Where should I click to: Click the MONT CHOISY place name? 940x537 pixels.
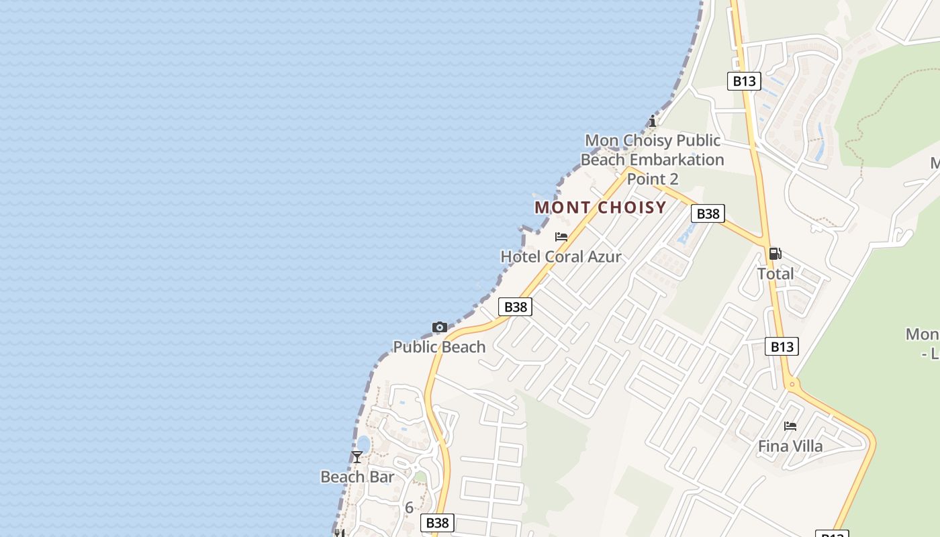pos(600,207)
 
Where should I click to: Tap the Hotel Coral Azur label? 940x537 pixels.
pos(561,256)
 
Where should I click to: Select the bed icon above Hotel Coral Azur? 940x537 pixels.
pos(561,237)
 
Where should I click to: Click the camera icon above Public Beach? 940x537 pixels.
pos(440,328)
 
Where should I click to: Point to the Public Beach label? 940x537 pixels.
pos(439,347)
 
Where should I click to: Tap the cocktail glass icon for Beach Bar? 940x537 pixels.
pos(357,457)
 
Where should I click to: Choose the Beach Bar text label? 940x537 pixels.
pos(357,477)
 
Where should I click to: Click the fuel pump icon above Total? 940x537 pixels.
pos(775,254)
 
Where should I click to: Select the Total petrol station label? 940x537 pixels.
pos(775,274)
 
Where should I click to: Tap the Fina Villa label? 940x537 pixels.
pos(790,446)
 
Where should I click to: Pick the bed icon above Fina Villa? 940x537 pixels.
pos(790,426)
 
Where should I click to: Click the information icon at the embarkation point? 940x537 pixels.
pos(652,121)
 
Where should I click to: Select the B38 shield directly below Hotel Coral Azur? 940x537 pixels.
pos(516,307)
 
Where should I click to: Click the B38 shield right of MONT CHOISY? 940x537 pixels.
pos(708,213)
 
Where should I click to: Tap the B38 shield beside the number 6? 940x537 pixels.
pos(437,522)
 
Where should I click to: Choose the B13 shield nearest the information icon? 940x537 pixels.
pos(743,81)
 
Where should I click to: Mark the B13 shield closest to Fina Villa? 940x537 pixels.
pos(782,346)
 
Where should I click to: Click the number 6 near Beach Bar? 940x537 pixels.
pos(409,507)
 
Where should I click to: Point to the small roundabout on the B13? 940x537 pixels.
pos(792,385)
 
